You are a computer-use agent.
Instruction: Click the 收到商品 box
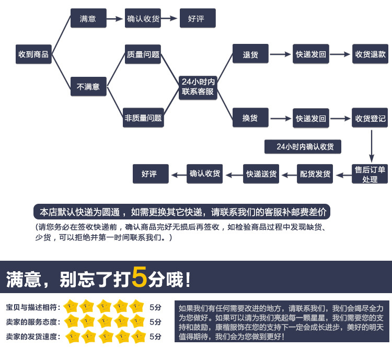[x=33, y=54]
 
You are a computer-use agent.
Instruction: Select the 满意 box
[x=88, y=19]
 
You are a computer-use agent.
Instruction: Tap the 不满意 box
[x=88, y=87]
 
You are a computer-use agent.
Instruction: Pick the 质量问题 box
[x=143, y=54]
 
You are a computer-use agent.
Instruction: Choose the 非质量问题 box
[x=143, y=118]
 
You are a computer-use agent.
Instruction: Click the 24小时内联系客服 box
[x=198, y=87]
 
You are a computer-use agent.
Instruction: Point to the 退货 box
[x=250, y=54]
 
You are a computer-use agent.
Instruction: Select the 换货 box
[x=250, y=118]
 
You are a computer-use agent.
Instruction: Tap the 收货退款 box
[x=371, y=54]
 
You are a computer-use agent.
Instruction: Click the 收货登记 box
[x=371, y=118]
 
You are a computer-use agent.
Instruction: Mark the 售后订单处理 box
[x=370, y=174]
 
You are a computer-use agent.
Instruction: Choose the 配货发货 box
[x=315, y=174]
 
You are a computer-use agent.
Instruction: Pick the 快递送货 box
[x=261, y=174]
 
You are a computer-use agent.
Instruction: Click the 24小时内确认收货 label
[x=302, y=147]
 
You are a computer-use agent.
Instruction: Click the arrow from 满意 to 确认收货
[x=115, y=19]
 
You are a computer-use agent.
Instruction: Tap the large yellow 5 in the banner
[x=139, y=277]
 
